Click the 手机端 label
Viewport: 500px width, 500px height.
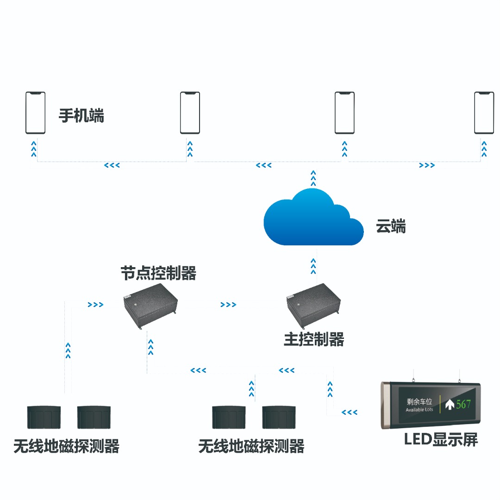coord(81,115)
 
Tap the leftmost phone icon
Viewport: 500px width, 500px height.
coord(35,113)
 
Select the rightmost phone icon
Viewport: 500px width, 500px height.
coord(484,113)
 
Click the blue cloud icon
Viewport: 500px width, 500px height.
coord(313,217)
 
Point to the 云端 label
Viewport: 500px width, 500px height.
coord(391,227)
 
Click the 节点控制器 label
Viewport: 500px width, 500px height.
coord(158,273)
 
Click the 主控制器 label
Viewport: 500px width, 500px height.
coord(314,340)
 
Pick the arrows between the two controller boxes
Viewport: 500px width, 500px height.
coord(228,305)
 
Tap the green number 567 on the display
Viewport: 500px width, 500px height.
coord(463,404)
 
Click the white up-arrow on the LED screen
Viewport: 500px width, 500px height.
coord(449,404)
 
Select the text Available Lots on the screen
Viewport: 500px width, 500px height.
coord(419,410)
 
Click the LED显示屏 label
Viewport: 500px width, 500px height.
coord(441,439)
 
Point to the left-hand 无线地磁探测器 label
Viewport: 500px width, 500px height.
coord(67,446)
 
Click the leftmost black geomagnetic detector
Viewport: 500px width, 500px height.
coord(44,417)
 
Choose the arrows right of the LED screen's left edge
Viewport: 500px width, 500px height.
coord(350,412)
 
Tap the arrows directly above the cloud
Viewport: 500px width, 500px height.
coord(313,177)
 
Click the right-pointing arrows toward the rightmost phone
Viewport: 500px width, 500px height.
coord(427,165)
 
